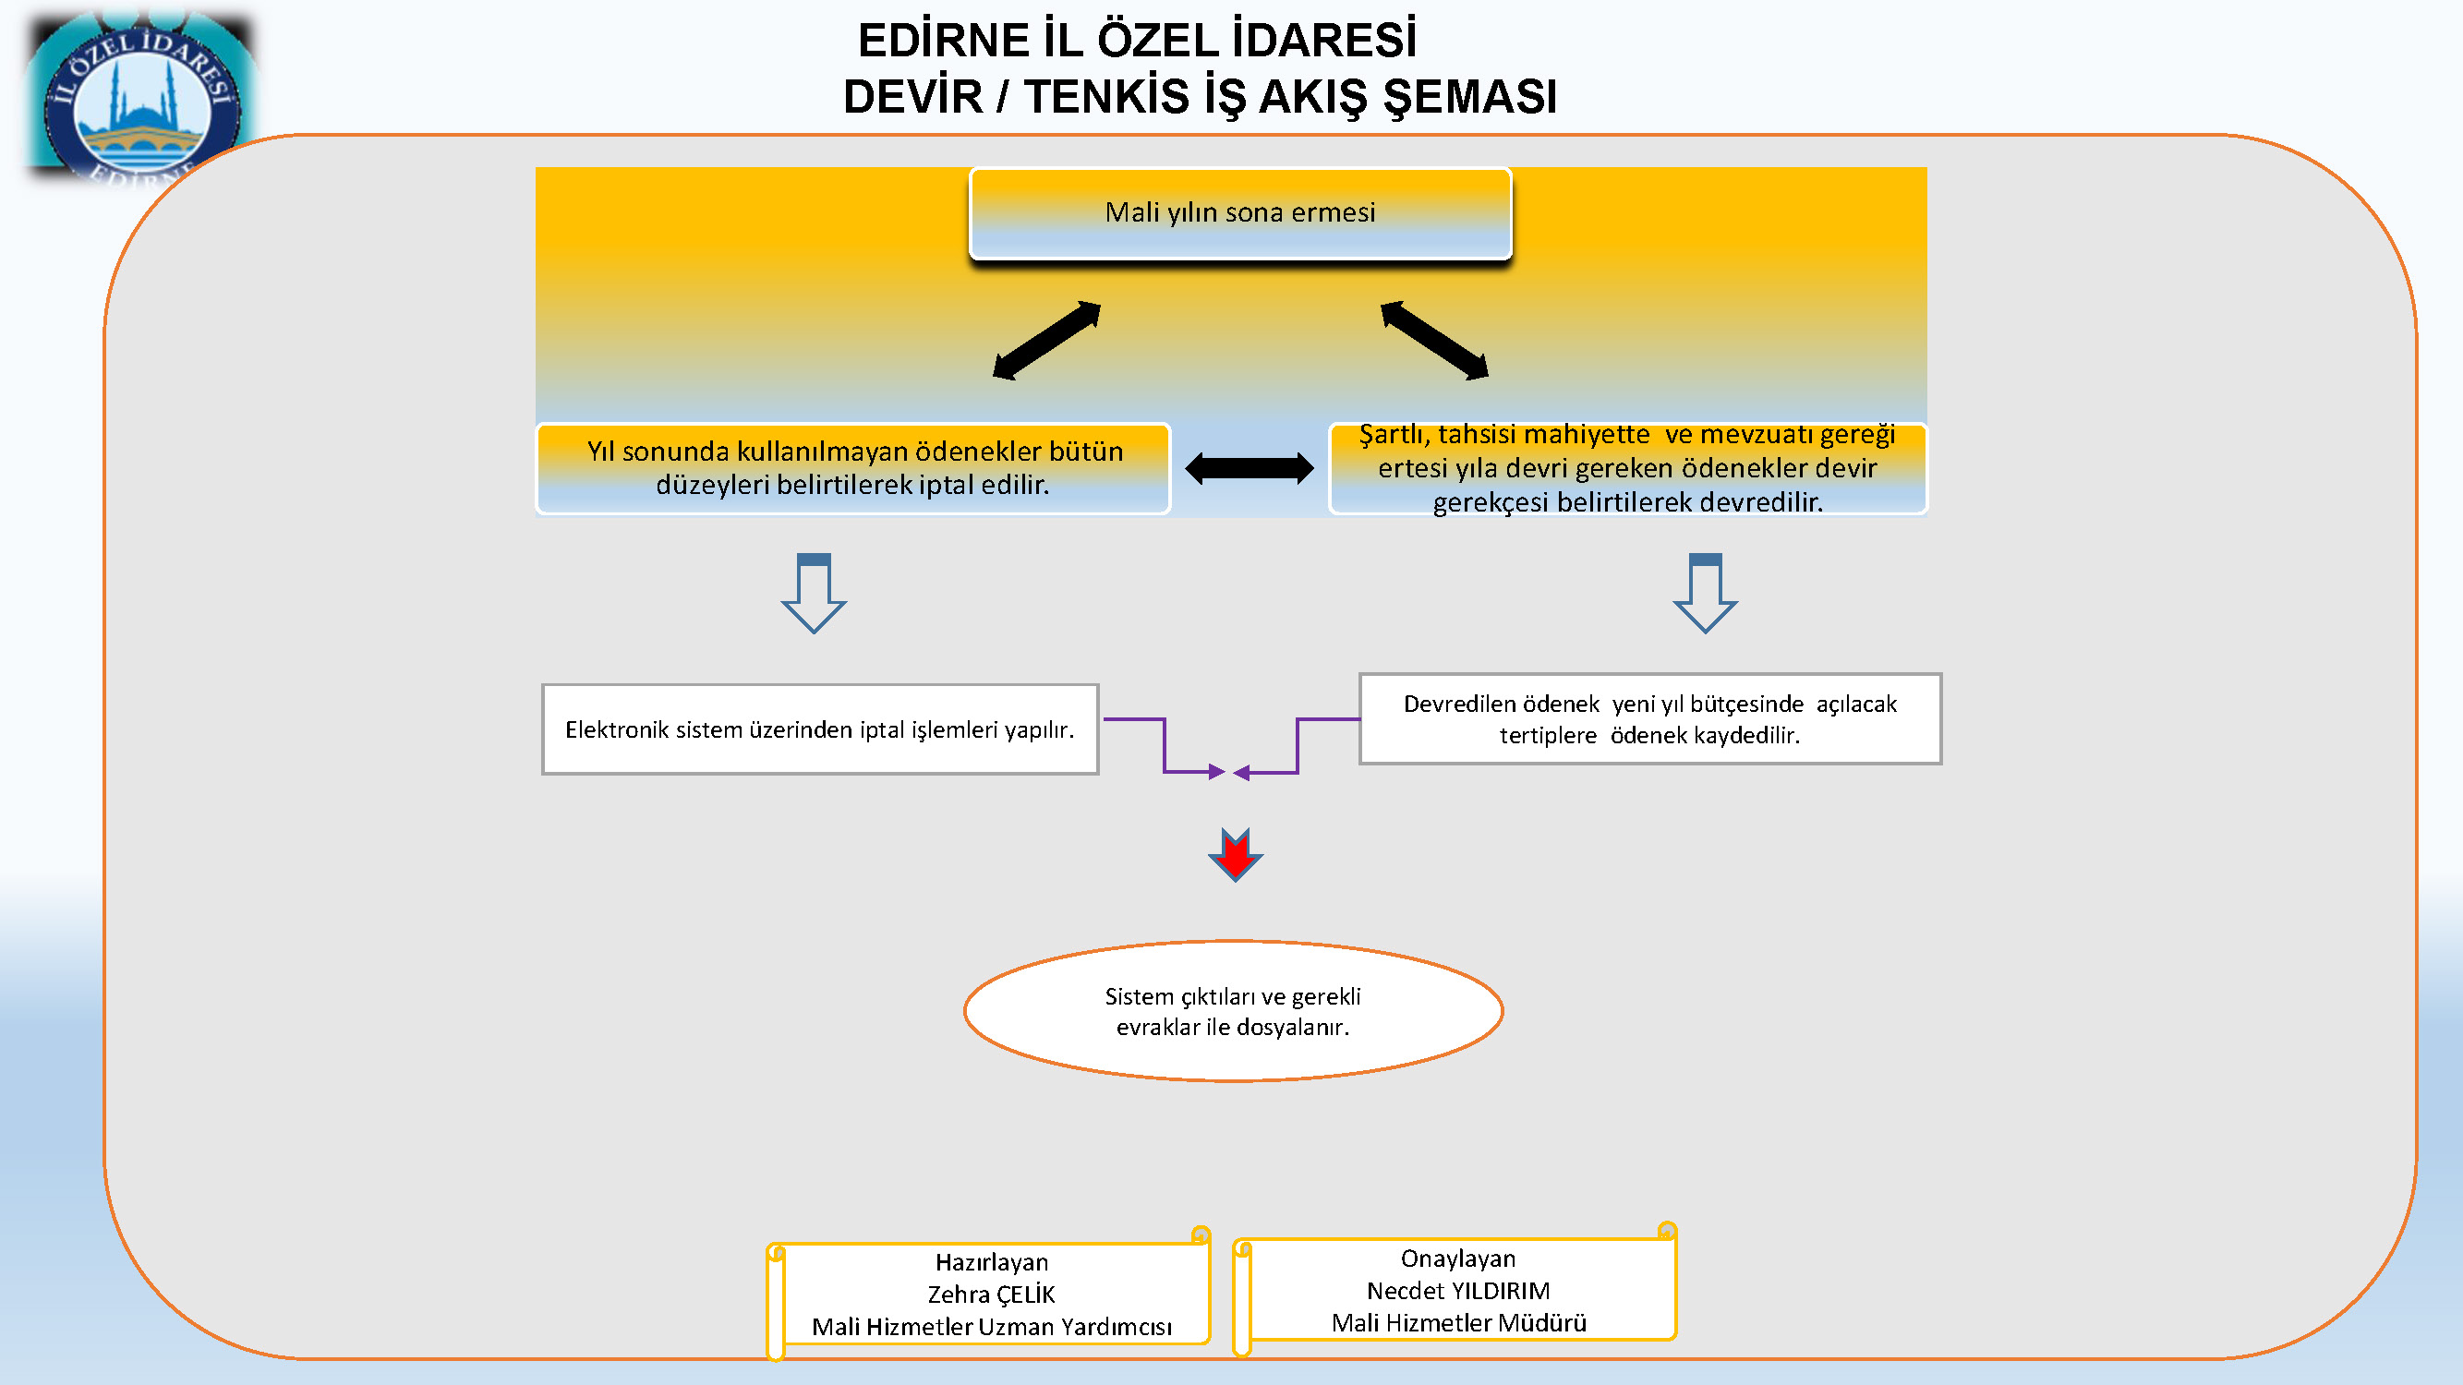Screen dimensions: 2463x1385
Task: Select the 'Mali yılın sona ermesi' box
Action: point(1240,213)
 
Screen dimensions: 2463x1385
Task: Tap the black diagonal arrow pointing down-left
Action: point(1047,342)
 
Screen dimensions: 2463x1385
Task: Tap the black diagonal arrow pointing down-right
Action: point(1435,341)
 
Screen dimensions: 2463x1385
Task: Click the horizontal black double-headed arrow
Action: point(1250,468)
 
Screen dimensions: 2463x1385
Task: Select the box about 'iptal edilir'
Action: point(853,468)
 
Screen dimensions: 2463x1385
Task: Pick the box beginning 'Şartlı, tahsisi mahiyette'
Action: point(1627,468)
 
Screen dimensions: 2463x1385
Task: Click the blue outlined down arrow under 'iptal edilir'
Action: point(814,593)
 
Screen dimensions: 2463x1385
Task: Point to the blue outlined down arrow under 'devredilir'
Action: point(1705,593)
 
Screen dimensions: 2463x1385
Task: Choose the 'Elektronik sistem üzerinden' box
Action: point(820,729)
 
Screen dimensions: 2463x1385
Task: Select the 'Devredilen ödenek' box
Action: point(1650,718)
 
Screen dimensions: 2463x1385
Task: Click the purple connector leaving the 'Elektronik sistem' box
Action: point(1165,745)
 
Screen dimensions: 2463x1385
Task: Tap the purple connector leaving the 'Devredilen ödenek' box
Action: point(1298,745)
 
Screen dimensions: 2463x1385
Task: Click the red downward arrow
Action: point(1236,854)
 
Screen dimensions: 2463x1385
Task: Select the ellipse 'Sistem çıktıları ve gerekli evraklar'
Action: point(1234,1011)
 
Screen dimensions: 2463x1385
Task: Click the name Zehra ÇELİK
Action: point(992,1295)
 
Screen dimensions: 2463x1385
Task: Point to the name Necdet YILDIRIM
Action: point(1458,1292)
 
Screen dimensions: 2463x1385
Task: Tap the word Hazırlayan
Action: point(992,1262)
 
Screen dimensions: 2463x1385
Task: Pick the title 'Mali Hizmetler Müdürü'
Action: point(1459,1323)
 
